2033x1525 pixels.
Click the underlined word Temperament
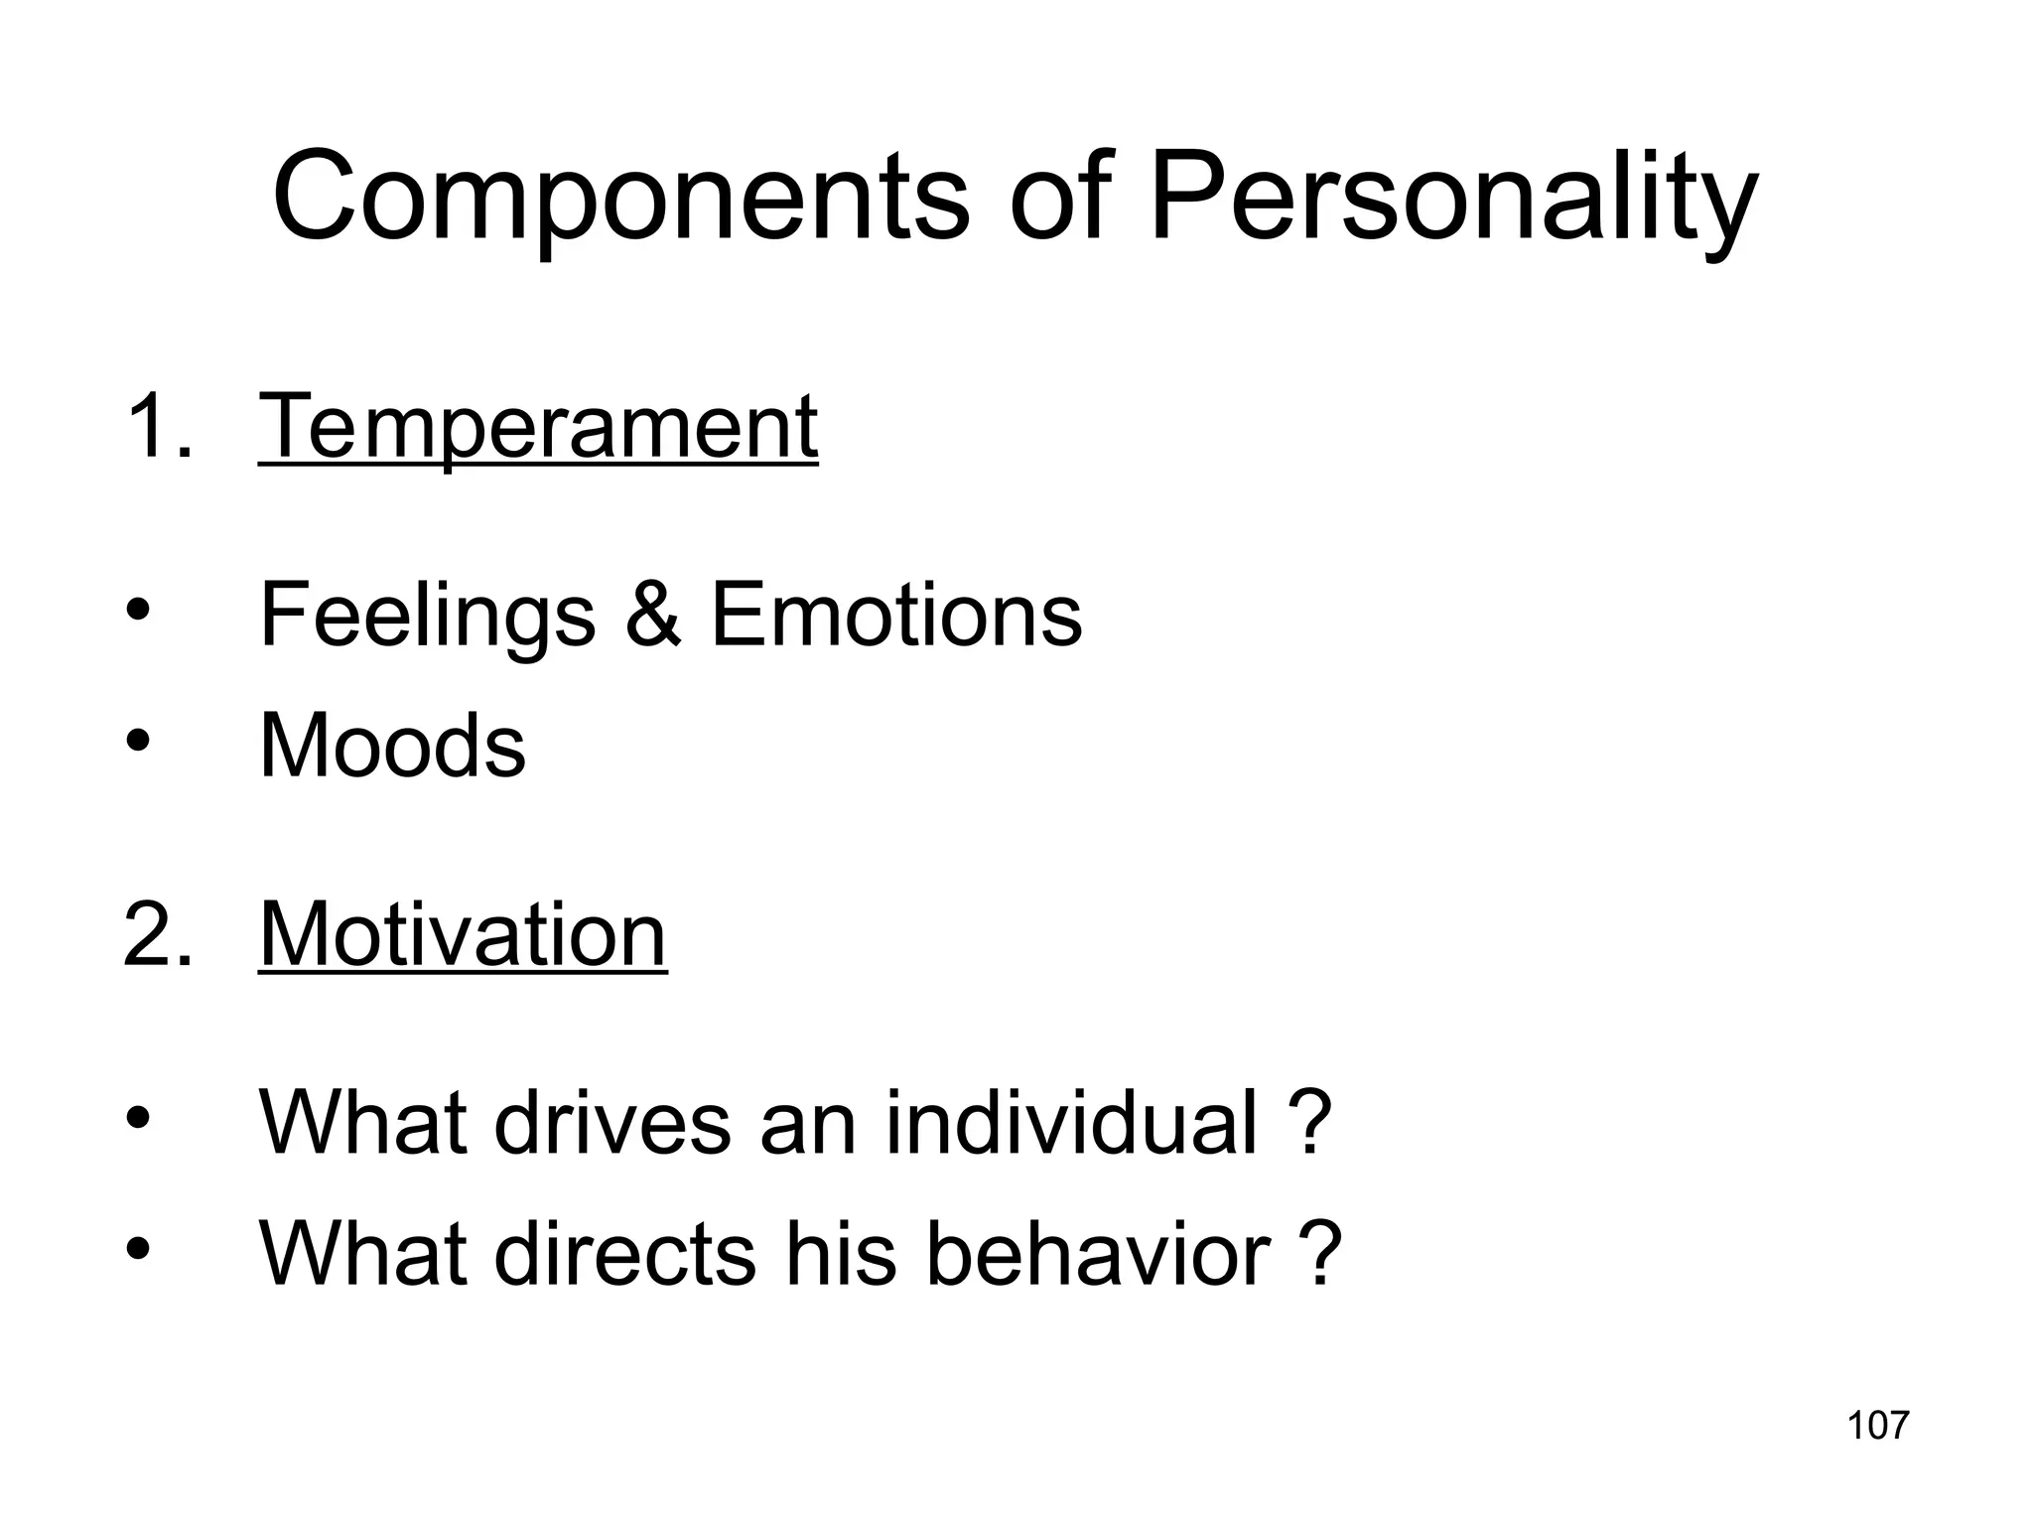(538, 428)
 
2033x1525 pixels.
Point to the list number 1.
(159, 428)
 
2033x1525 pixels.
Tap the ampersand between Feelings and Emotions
(653, 616)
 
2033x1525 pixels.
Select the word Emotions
(896, 616)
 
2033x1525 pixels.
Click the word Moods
(392, 746)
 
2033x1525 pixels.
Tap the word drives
(611, 1123)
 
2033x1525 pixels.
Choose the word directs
(624, 1253)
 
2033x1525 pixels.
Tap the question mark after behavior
(1321, 1253)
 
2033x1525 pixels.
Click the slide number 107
(1877, 1426)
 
